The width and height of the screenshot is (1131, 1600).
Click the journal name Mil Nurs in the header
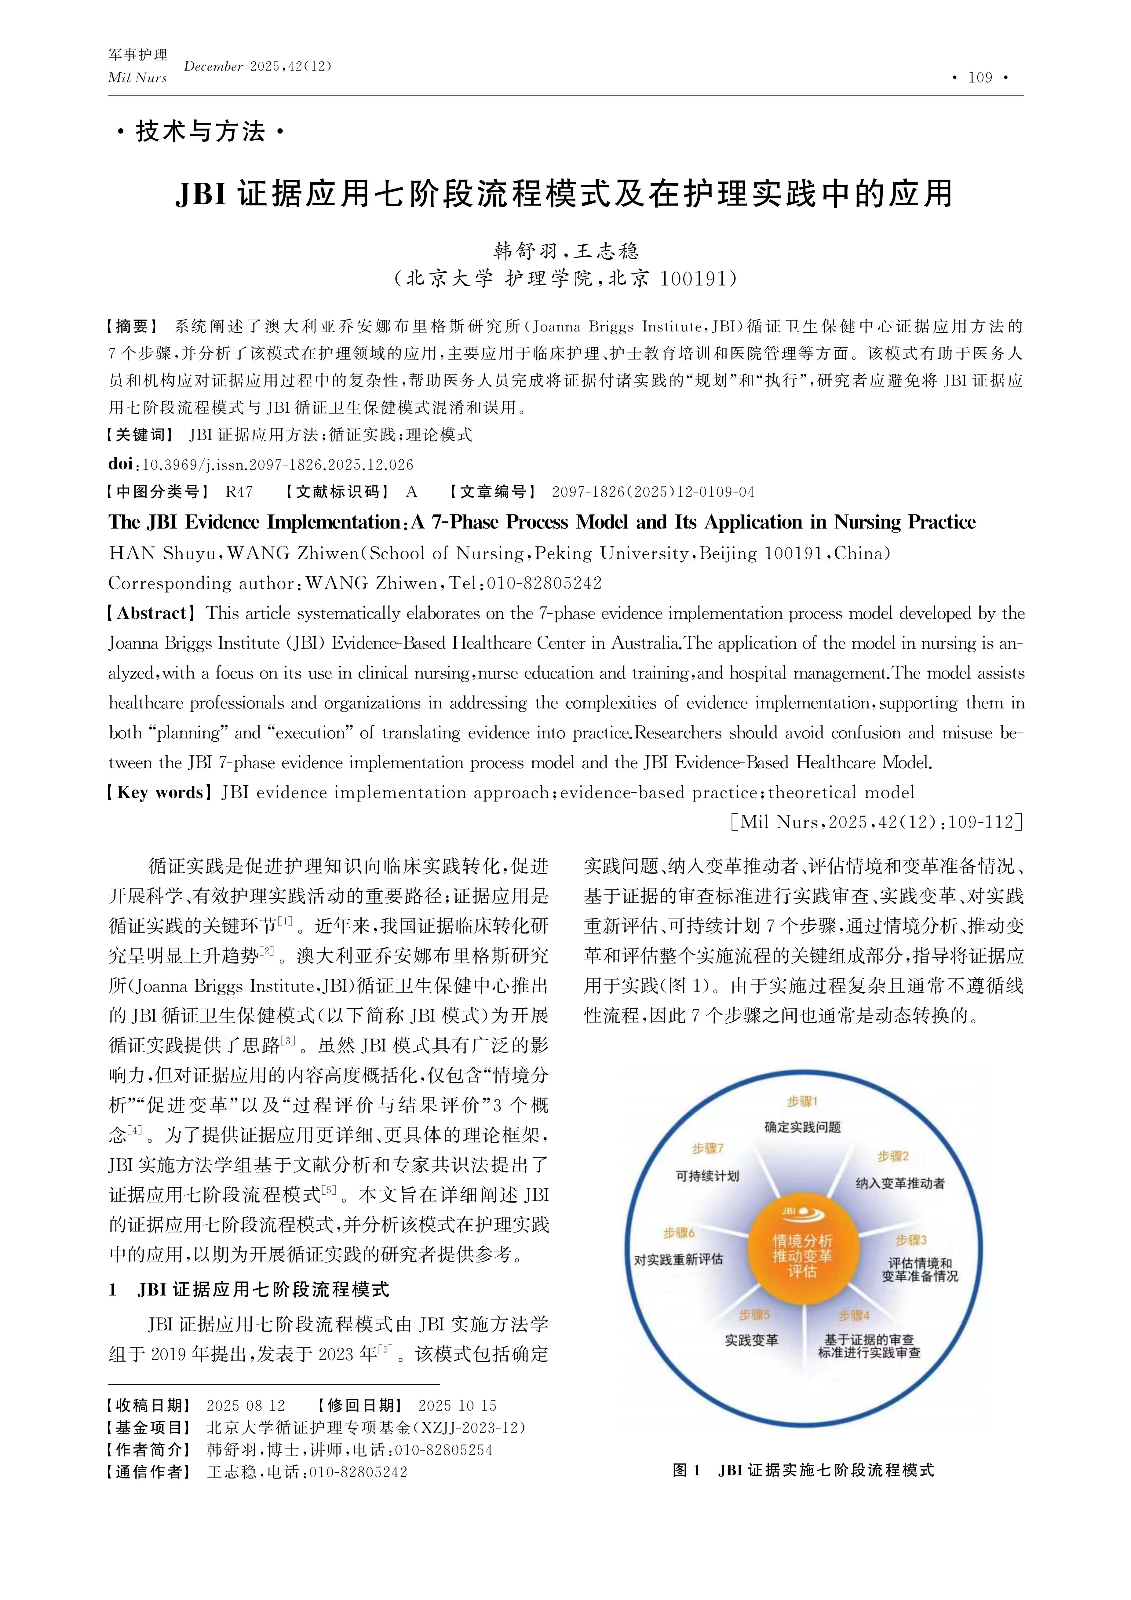coord(137,78)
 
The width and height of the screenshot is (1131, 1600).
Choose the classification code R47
coord(239,492)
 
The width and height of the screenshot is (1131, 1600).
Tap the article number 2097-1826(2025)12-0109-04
coord(653,492)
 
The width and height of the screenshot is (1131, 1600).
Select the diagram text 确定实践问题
coord(802,1127)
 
